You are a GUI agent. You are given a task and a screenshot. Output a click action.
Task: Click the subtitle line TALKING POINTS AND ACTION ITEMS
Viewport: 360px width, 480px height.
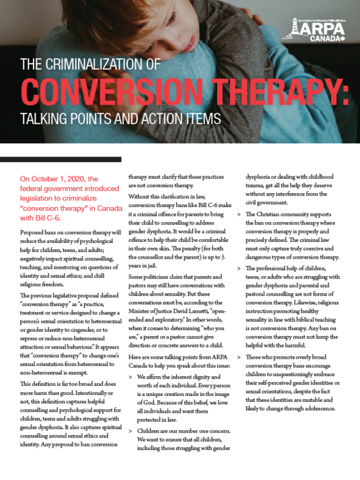point(114,117)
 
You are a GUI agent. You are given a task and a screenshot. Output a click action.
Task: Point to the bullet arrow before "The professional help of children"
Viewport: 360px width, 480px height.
point(240,269)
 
